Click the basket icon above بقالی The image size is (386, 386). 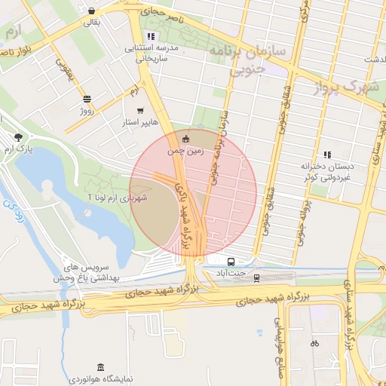click(91, 11)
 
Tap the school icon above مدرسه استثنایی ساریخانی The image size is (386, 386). click(152, 35)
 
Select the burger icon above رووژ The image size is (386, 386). click(87, 100)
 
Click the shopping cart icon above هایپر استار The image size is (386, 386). click(140, 110)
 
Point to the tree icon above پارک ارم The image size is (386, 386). click(18, 136)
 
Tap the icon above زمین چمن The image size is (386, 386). click(185, 138)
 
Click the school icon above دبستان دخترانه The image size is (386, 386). click(326, 154)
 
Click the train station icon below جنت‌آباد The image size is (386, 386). click(256, 277)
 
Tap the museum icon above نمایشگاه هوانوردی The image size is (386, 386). click(100, 365)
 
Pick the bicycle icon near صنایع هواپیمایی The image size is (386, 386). click(314, 343)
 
